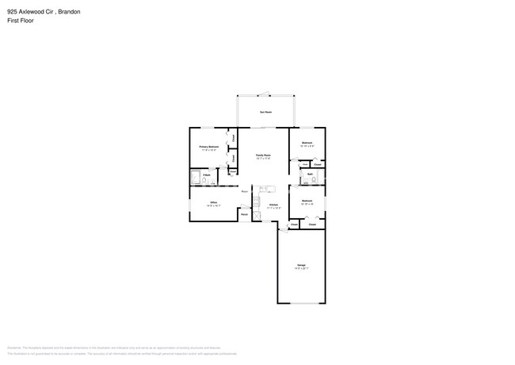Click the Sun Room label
point(266,113)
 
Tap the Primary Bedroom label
point(209,147)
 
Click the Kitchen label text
point(273,205)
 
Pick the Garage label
point(301,263)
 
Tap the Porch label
point(245,214)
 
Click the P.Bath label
point(205,175)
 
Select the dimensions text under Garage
point(301,267)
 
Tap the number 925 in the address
point(11,12)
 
